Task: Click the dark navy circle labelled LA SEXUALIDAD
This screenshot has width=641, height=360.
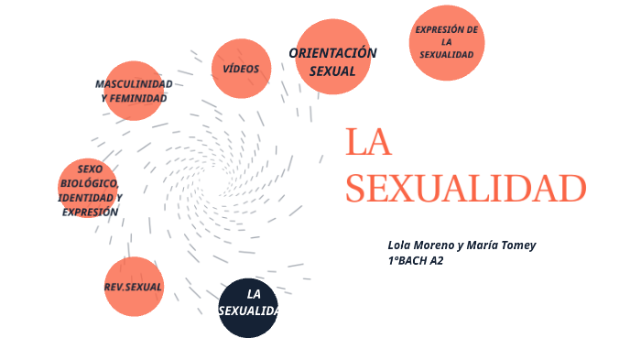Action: tap(248, 308)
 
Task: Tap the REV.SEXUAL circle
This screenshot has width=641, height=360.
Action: tap(134, 287)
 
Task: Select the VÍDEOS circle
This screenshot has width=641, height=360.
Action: tap(241, 69)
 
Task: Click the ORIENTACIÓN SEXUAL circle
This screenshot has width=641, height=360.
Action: tap(332, 57)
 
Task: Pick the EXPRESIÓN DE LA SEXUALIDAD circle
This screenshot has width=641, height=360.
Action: tap(447, 43)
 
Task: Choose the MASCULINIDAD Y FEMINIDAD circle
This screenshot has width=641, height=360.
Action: tap(134, 91)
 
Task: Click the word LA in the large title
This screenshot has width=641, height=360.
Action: tap(368, 143)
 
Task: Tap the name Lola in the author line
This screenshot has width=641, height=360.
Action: tap(401, 245)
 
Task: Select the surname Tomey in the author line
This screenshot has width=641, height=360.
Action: tap(516, 245)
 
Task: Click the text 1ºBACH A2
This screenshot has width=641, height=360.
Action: tap(416, 260)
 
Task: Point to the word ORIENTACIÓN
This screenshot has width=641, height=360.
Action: tap(332, 53)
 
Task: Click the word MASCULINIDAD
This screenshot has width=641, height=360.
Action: tap(134, 84)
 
